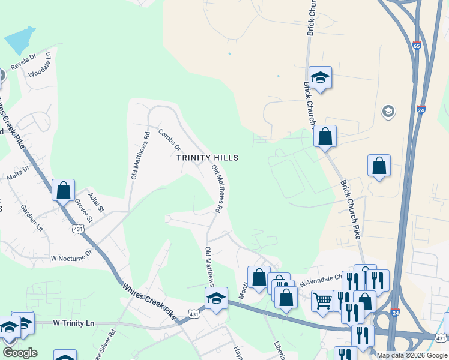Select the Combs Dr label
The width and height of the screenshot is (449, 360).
tap(169, 139)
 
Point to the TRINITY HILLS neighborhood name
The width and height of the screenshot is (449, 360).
tap(208, 158)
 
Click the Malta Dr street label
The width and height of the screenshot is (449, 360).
tap(18, 173)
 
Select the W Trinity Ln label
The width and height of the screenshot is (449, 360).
tap(74, 323)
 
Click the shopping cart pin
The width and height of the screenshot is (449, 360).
tap(322, 299)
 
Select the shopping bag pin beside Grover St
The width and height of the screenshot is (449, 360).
tap(63, 190)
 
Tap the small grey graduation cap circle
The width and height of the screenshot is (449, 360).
tap(388, 112)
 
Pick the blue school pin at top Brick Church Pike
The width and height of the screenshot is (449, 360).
tap(321, 77)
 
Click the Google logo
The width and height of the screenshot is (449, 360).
tap(20, 353)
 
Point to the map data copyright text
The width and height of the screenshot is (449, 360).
tap(412, 355)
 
